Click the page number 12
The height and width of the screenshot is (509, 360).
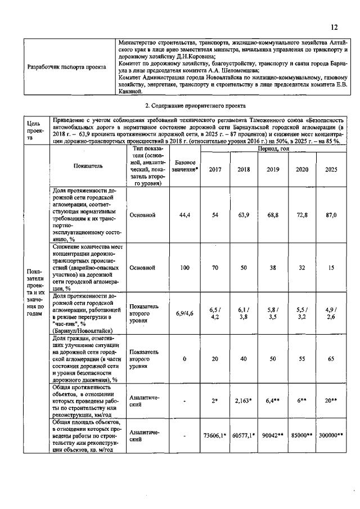[335, 26]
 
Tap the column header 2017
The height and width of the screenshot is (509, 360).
[215, 169]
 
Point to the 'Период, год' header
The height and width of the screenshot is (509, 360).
[274, 148]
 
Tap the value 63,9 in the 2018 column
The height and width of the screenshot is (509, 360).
[244, 215]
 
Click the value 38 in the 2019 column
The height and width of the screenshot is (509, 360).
[273, 268]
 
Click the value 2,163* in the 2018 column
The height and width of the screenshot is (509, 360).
[244, 400]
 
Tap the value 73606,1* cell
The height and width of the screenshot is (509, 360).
[215, 436]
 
